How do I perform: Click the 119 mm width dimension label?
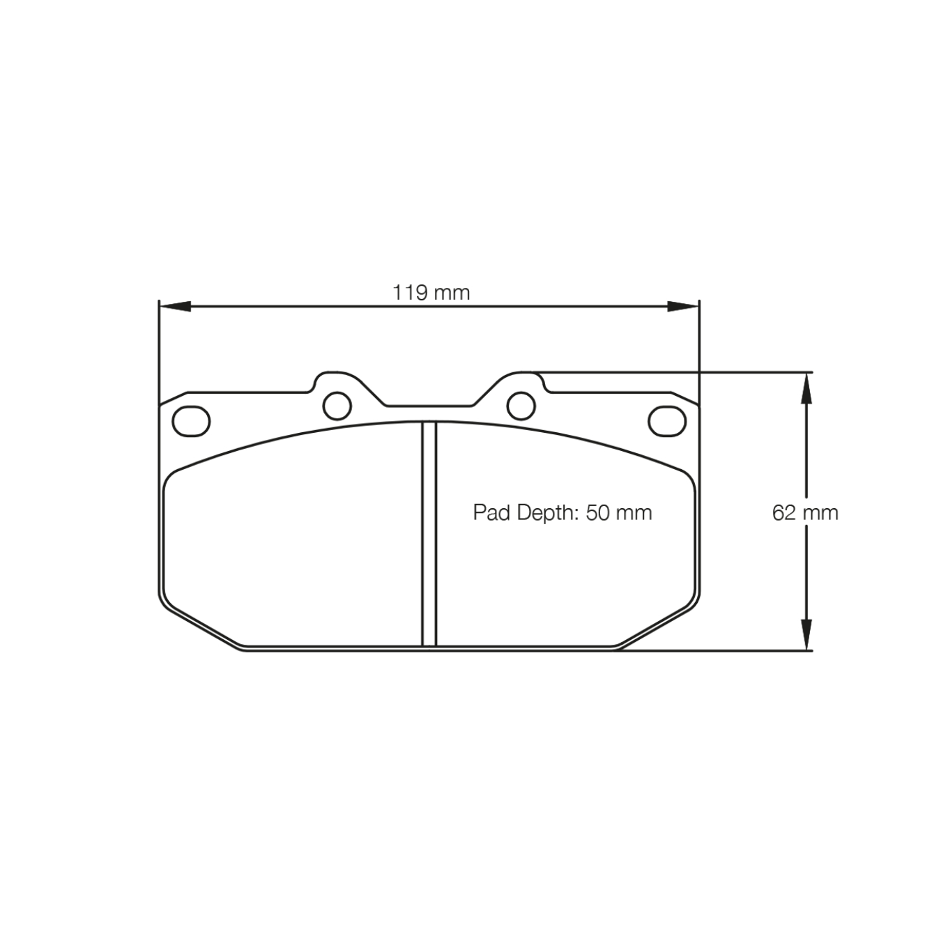(431, 292)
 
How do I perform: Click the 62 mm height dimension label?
(804, 513)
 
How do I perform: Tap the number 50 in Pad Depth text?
(597, 513)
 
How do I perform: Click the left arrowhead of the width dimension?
(174, 306)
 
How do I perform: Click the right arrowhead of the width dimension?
(683, 306)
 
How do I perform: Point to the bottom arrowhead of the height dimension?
(806, 635)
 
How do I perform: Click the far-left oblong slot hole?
(191, 421)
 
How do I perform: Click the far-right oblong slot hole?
(667, 421)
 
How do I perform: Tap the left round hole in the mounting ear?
(337, 405)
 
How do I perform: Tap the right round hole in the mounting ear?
(521, 405)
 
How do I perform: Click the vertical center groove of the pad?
(429, 533)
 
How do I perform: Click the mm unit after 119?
(452, 292)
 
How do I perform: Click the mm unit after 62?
(820, 513)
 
